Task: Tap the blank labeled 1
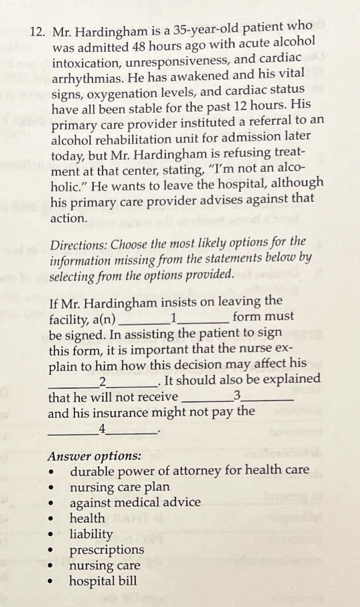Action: click(173, 319)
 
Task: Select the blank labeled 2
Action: click(103, 382)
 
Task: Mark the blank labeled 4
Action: click(103, 429)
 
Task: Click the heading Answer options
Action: click(95, 456)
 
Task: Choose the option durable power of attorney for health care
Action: click(190, 470)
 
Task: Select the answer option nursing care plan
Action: click(120, 487)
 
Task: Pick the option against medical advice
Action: click(135, 502)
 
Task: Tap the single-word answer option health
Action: click(87, 518)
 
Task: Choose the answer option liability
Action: click(91, 534)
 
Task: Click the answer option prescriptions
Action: click(107, 550)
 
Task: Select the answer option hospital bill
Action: click(104, 581)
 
